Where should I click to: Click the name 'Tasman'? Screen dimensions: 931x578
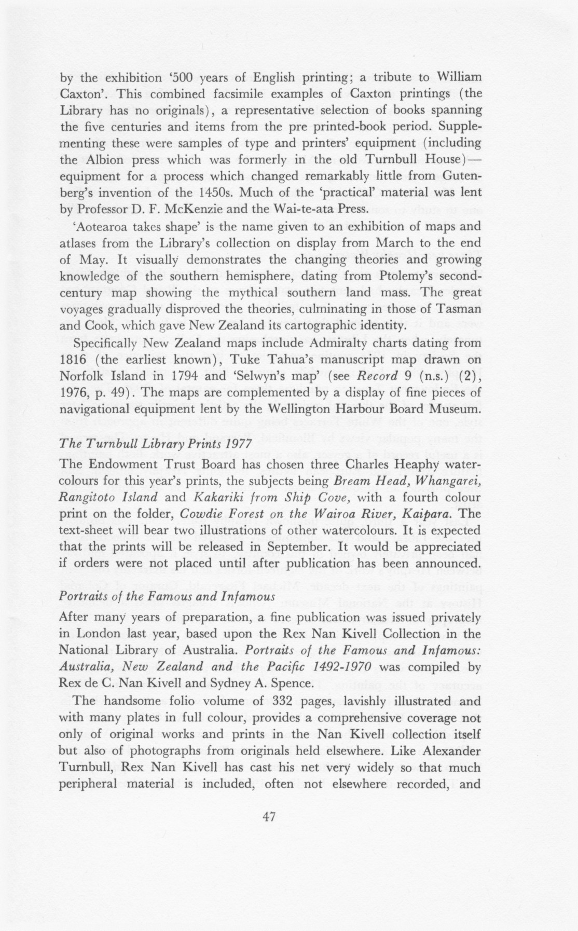pos(464,309)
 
